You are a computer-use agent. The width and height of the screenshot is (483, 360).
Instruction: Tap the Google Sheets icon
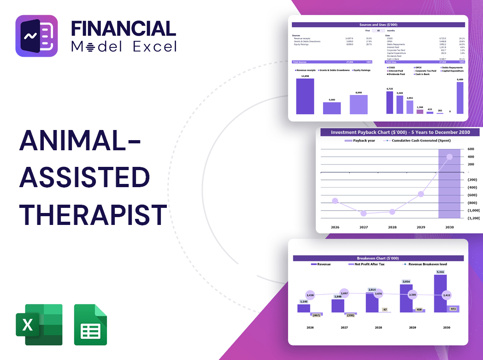[90, 325]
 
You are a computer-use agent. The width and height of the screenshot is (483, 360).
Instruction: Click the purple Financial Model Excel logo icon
[36, 36]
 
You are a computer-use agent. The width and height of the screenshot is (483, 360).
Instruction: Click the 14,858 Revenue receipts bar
[305, 96]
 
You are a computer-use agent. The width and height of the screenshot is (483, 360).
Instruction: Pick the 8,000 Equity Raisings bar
[359, 105]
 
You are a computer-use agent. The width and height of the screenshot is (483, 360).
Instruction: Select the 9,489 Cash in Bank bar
[460, 98]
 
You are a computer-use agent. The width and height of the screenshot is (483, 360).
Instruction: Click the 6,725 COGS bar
[390, 102]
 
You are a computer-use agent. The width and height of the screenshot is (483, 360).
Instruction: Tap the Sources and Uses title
[378, 24]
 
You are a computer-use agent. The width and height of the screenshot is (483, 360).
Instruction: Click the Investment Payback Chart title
[401, 132]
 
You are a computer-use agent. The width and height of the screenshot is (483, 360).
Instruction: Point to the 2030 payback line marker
[449, 157]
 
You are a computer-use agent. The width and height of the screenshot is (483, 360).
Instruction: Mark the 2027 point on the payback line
[364, 213]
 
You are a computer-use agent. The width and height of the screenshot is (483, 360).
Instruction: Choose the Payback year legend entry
[362, 140]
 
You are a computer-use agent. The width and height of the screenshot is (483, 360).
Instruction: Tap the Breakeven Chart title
[378, 258]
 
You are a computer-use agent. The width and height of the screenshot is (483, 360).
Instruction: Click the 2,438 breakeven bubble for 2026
[310, 295]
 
